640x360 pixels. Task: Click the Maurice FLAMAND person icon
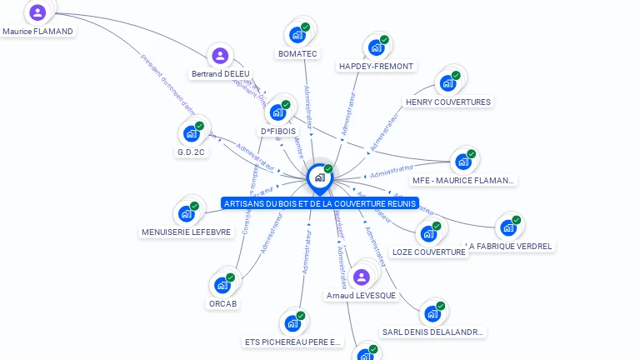coord(37,12)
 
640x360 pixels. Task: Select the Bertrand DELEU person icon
coord(220,56)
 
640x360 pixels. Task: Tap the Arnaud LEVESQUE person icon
coord(361,277)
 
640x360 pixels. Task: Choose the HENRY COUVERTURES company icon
coord(447,83)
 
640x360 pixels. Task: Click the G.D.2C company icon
coord(191,134)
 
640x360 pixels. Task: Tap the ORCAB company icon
coord(222,285)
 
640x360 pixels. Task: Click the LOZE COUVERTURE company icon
coord(427,234)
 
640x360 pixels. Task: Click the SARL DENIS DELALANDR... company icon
coord(432,313)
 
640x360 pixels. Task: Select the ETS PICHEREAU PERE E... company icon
coord(292,323)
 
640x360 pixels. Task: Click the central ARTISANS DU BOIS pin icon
coord(319,177)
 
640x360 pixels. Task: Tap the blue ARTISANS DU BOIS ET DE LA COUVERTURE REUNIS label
coord(320,203)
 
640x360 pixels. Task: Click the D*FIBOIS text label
coord(278,131)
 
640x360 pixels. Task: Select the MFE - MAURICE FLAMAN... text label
coord(464,180)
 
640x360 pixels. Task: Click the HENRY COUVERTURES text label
coord(447,102)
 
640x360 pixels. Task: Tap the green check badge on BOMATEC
coord(305,27)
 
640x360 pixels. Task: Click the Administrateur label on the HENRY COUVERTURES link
coord(385,131)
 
